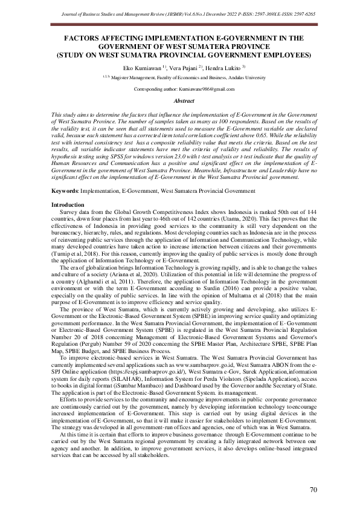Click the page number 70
(313, 490)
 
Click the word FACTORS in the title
(87, 37)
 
